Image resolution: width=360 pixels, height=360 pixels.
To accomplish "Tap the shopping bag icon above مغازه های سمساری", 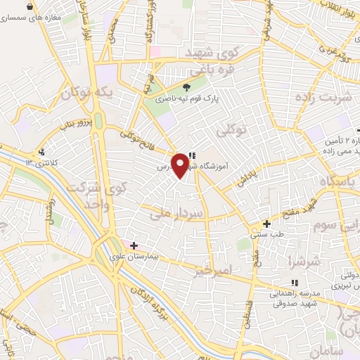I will (29, 6).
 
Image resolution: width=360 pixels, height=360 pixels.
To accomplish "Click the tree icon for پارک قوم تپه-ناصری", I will (186, 87).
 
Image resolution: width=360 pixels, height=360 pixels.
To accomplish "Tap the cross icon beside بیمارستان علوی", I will (134, 245).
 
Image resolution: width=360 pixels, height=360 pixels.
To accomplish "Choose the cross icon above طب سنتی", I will (266, 223).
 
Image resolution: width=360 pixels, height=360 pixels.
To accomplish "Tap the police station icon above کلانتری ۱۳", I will (42, 152).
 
